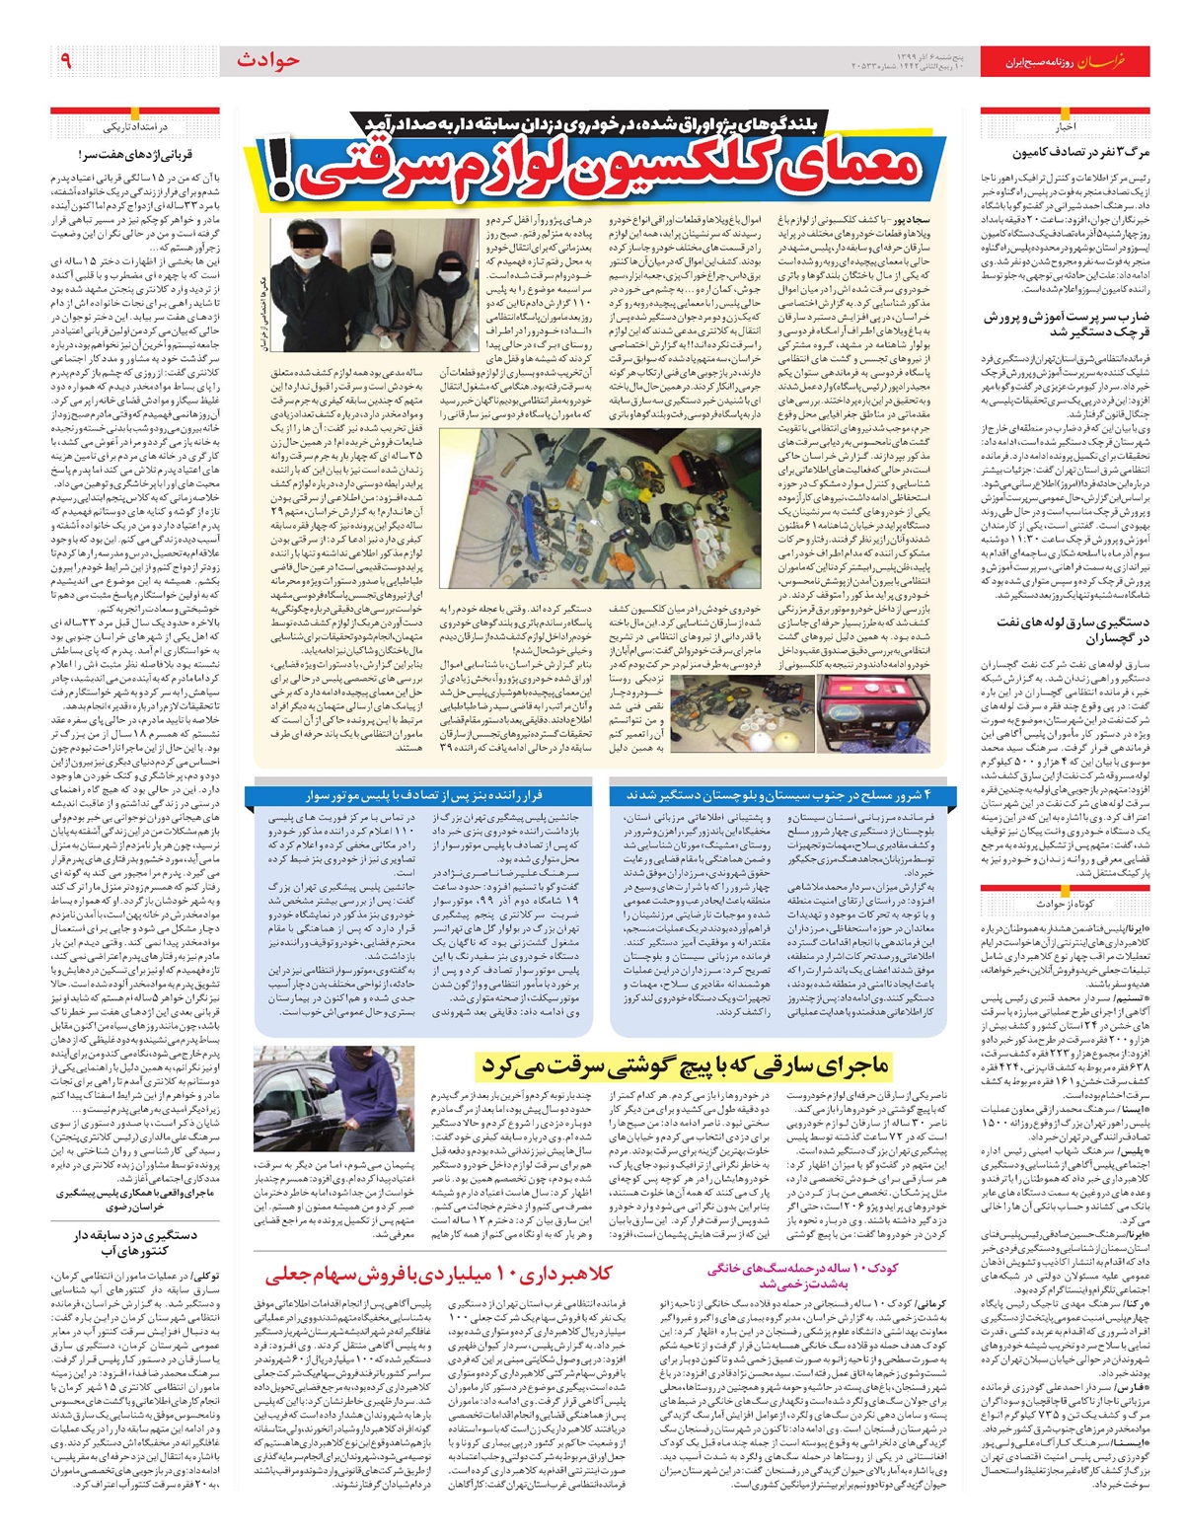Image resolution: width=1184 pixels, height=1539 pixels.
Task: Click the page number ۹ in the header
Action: tap(66, 60)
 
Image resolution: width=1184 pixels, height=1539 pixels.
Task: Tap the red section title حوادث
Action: tap(267, 60)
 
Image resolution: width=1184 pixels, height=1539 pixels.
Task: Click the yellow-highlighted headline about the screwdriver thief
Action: tap(684, 1066)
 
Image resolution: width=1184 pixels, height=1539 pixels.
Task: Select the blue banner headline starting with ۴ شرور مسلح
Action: tap(777, 796)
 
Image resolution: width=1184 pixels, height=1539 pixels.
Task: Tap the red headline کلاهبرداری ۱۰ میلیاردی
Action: tap(434, 1273)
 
